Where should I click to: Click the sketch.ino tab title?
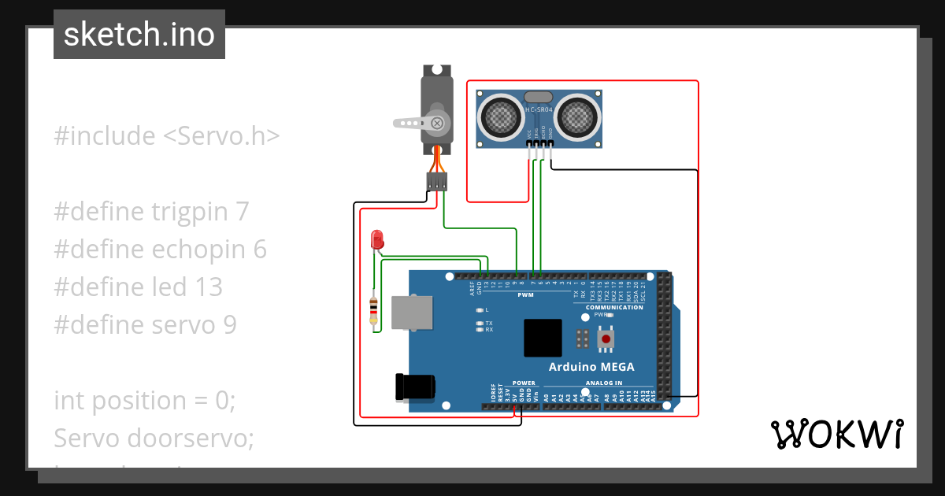[x=139, y=35]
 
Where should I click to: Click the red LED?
[x=377, y=239]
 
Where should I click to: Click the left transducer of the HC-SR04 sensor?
[x=498, y=116]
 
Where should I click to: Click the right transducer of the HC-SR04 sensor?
[x=577, y=116]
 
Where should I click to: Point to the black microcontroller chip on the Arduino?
[x=543, y=338]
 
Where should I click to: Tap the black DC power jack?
[x=414, y=387]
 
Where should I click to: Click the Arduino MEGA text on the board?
[x=591, y=367]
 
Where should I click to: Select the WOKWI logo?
[x=836, y=434]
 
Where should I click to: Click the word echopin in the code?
[x=198, y=249]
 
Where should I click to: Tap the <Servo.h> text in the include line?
[x=221, y=135]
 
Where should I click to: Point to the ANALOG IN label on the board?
[x=603, y=383]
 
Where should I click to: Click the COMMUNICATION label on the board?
[x=614, y=307]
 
